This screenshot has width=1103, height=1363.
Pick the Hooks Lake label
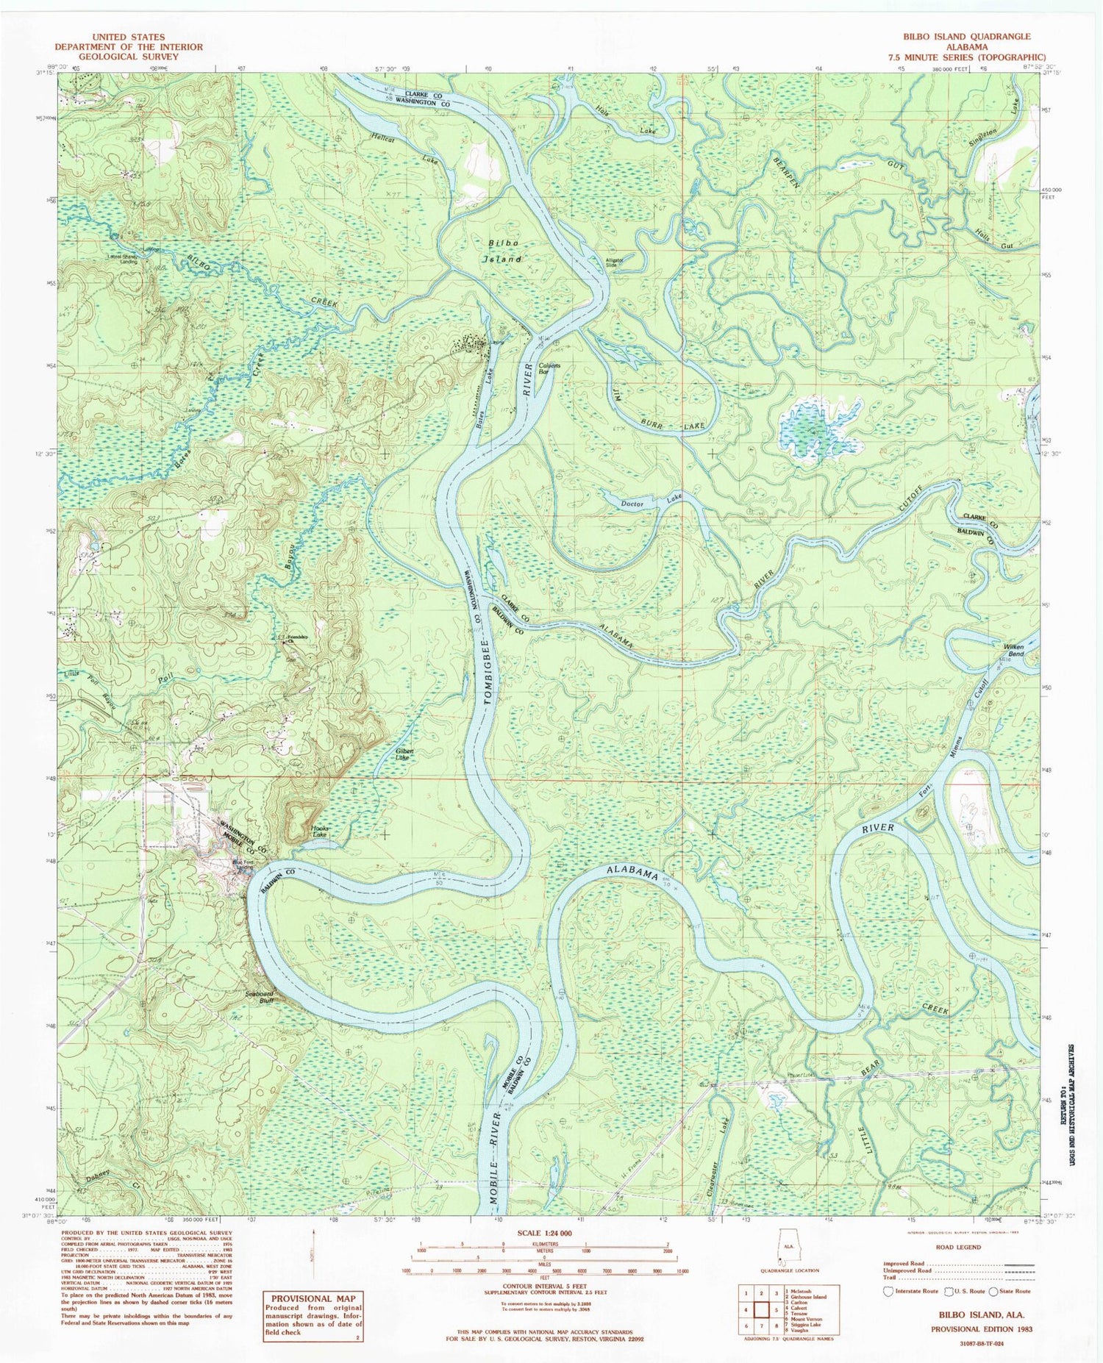pyautogui.click(x=319, y=831)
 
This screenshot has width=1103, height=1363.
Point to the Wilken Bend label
pyautogui.click(x=1014, y=651)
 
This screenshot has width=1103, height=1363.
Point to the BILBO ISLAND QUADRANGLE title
pyautogui.click(x=967, y=36)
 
